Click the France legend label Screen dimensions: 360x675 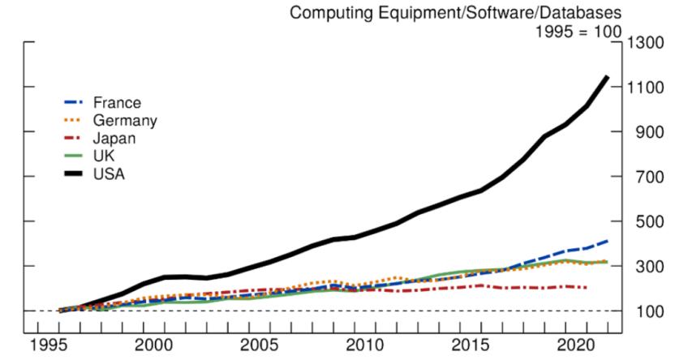[x=117, y=103]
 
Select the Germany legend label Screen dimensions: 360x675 [x=125, y=121]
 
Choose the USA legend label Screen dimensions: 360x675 [x=108, y=174]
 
